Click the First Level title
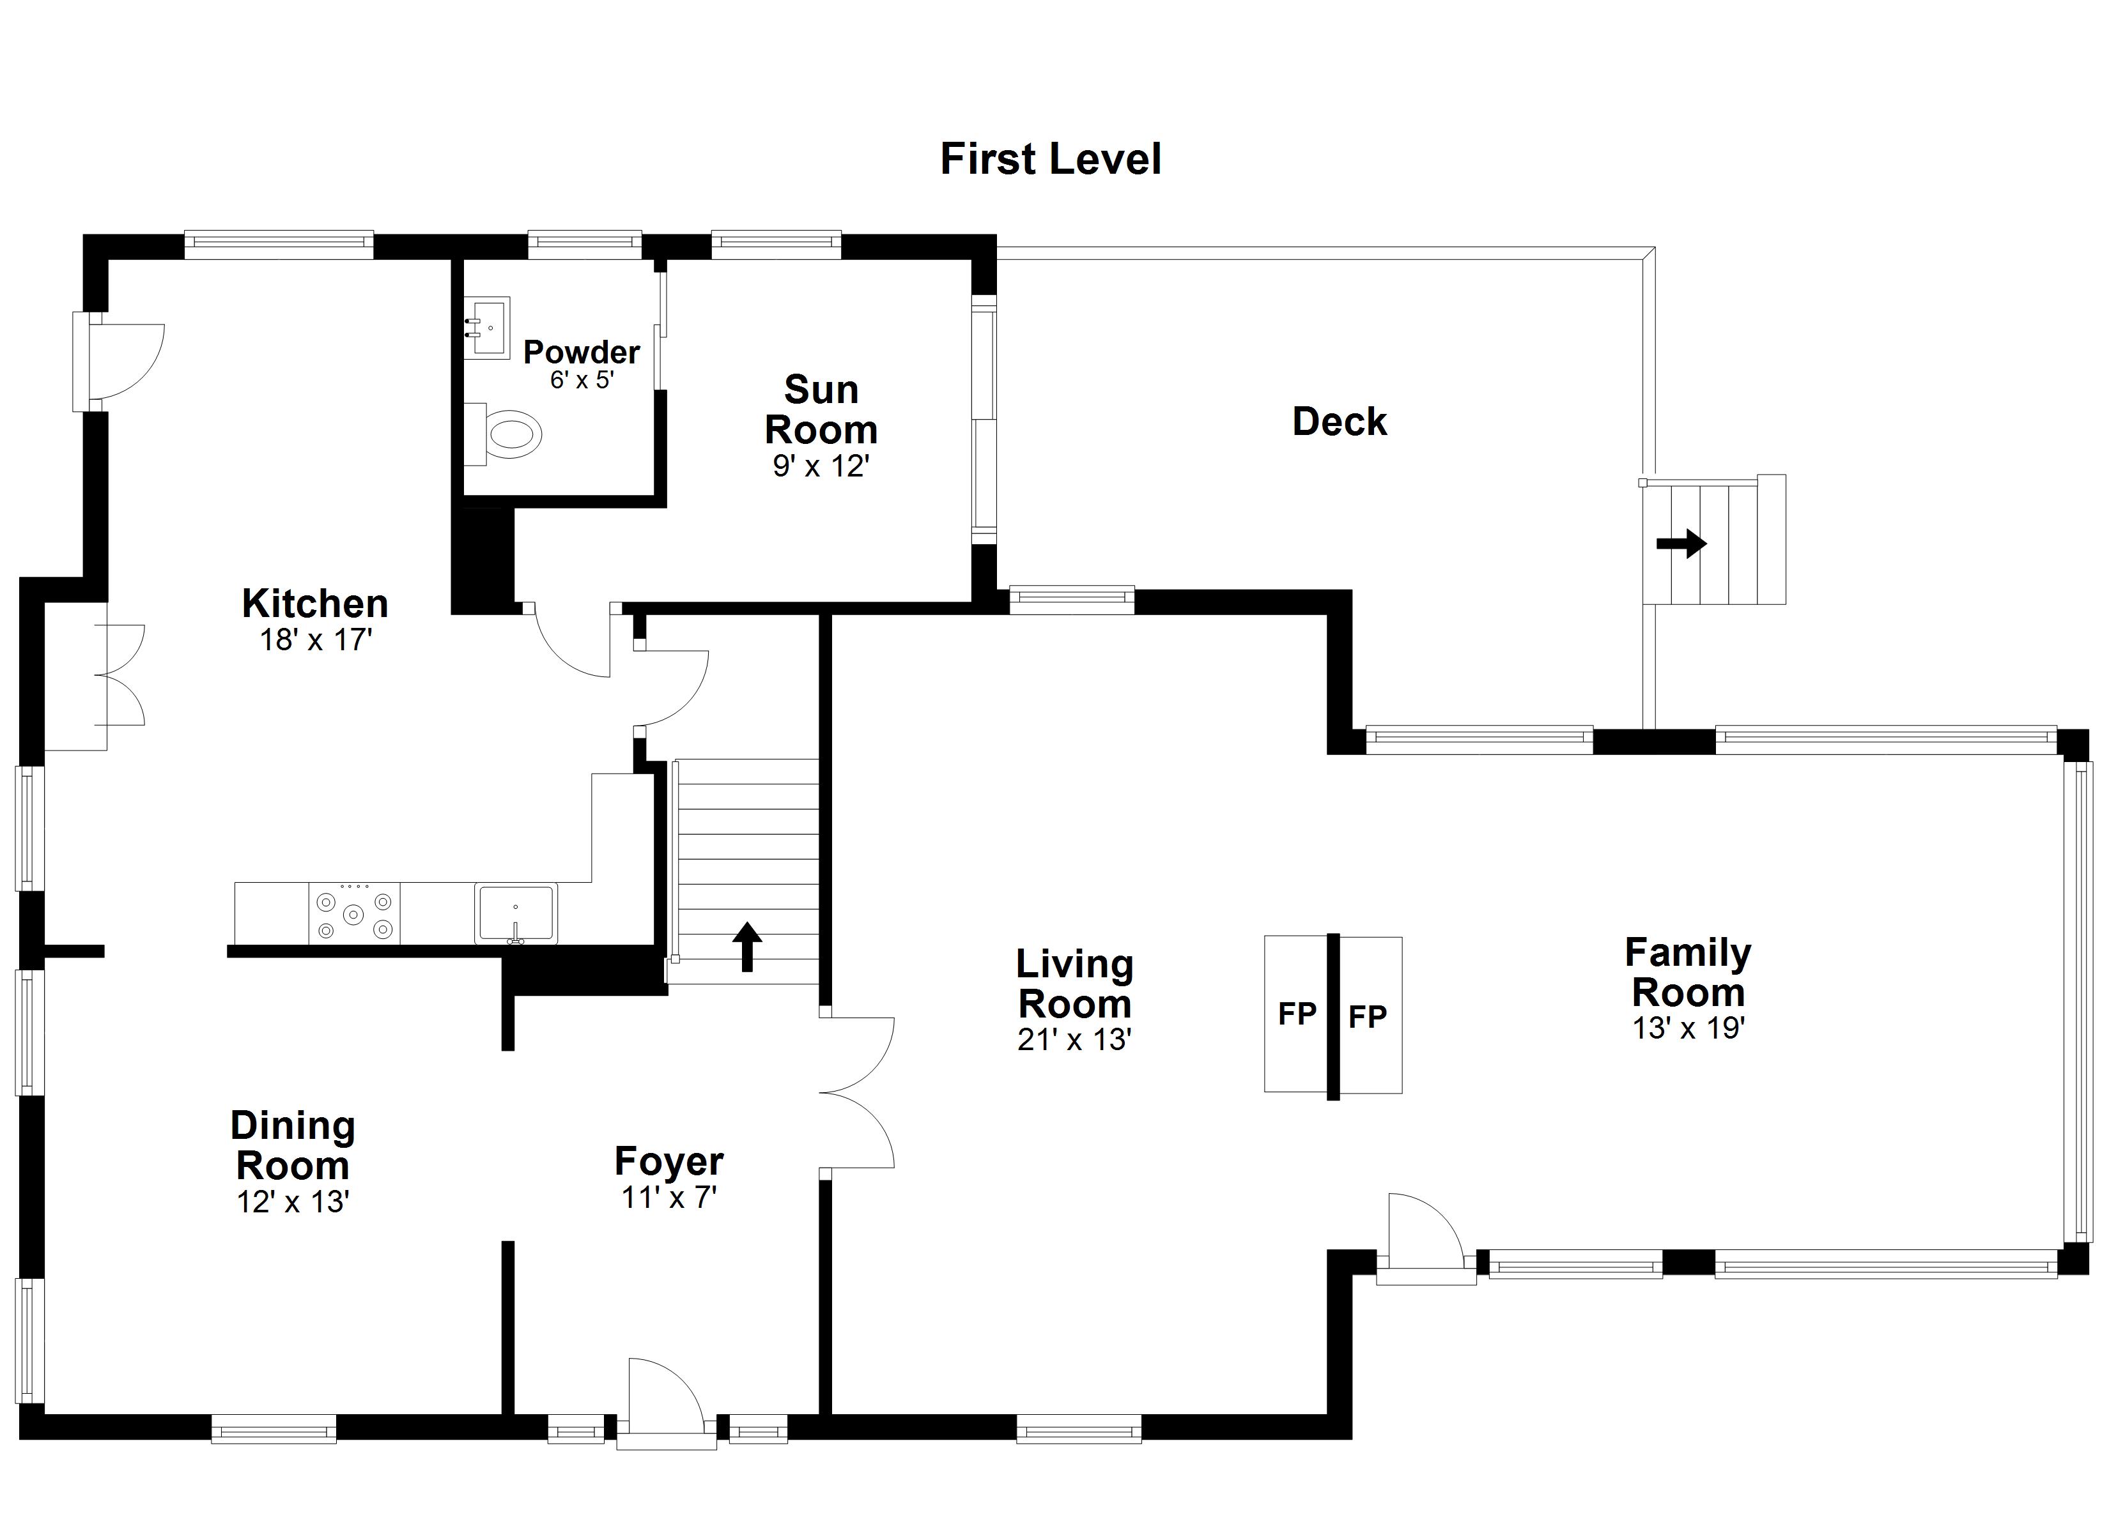click(x=1050, y=159)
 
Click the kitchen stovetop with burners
click(x=353, y=914)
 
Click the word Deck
click(x=1339, y=422)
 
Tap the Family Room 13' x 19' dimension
click(x=1688, y=1028)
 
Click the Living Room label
click(x=1074, y=984)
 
